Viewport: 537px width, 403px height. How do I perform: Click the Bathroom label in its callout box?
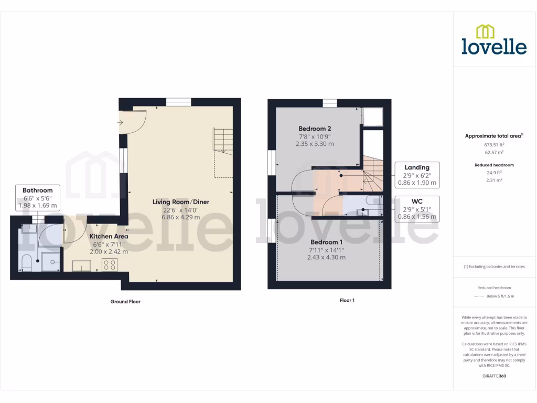point(38,190)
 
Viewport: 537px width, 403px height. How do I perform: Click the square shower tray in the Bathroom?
point(51,261)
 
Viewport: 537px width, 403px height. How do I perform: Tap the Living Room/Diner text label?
point(181,201)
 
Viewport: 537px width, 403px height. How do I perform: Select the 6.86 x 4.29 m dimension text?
point(181,217)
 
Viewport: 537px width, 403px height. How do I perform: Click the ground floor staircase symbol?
point(223,141)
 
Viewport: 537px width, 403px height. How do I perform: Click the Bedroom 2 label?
point(315,129)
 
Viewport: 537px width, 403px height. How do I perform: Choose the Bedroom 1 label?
point(326,242)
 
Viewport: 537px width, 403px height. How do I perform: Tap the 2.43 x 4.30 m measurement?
point(326,257)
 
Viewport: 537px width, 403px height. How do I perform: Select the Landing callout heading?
point(417,167)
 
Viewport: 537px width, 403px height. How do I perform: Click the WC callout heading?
point(417,201)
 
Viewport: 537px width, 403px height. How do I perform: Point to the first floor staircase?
point(373,176)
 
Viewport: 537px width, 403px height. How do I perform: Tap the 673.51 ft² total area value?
point(493,144)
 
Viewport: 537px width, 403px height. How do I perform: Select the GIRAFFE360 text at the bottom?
point(493,376)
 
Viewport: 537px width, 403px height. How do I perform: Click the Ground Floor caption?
point(125,302)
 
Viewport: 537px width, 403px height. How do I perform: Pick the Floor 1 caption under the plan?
point(347,301)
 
